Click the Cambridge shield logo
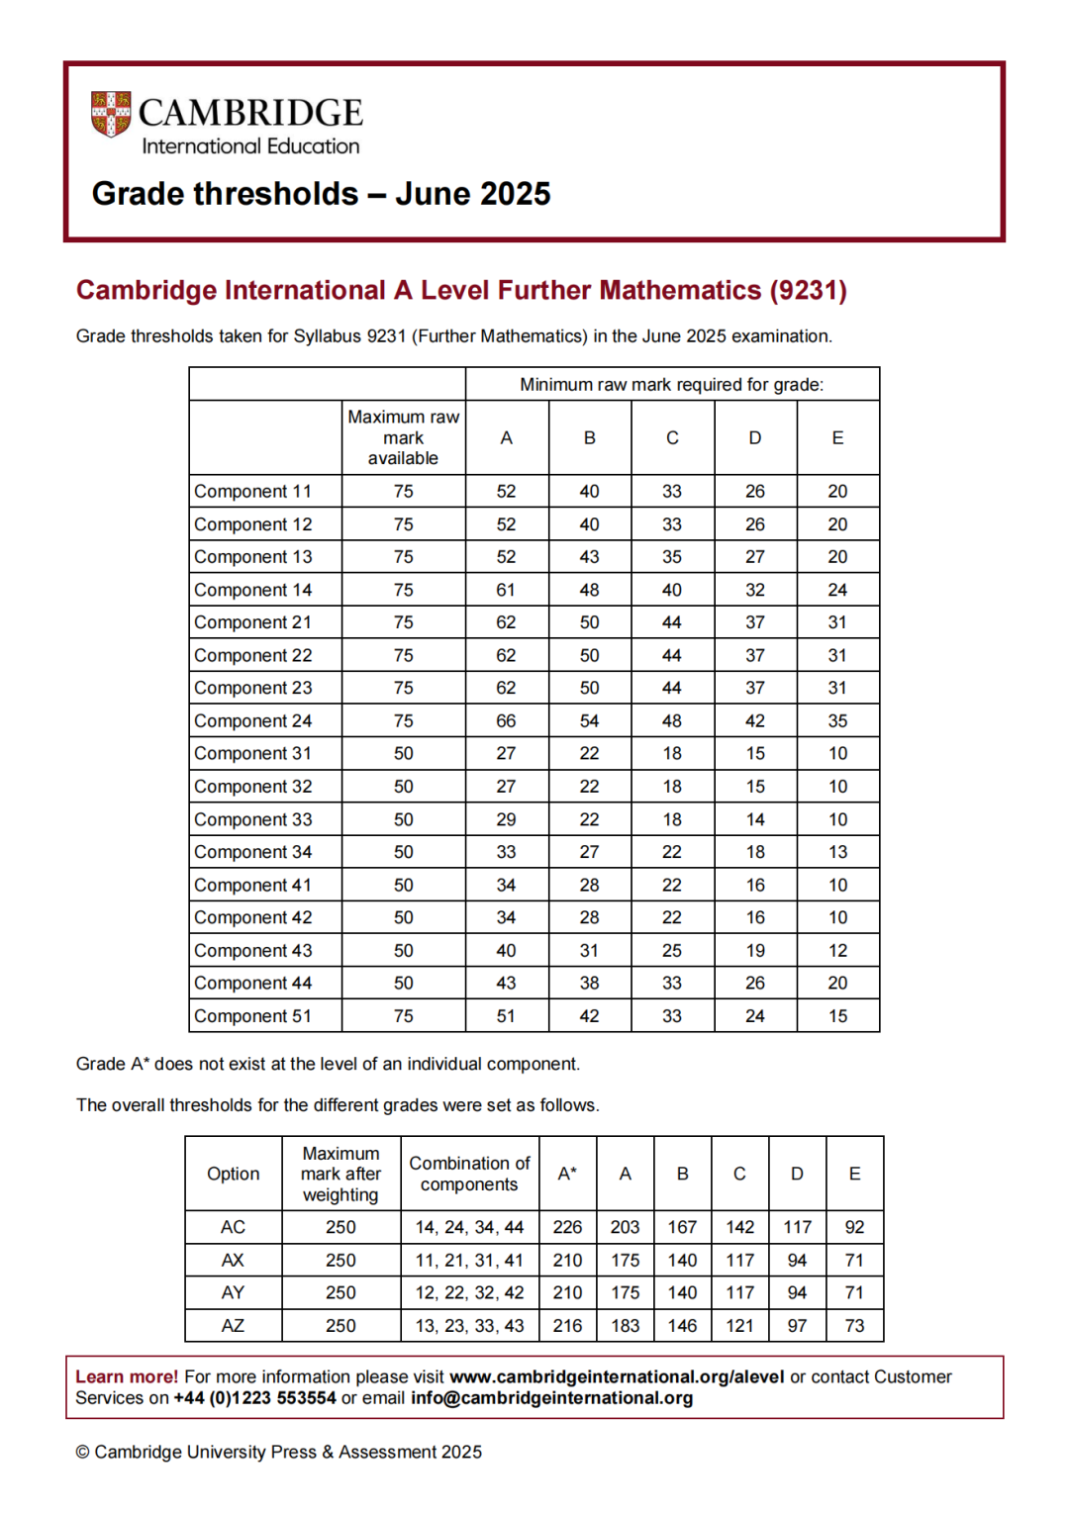[110, 114]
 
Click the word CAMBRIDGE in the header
[250, 113]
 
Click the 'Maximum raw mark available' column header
[403, 437]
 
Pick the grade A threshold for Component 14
[506, 590]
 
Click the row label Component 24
[253, 721]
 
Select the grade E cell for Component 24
[837, 721]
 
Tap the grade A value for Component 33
[506, 819]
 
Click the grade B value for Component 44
[589, 983]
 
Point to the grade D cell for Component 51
[754, 1016]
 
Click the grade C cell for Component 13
[671, 557]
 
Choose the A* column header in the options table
[567, 1174]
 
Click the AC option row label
[233, 1227]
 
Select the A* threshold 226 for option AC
[567, 1227]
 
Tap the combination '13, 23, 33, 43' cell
[469, 1326]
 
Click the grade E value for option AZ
[854, 1326]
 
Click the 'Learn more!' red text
[127, 1376]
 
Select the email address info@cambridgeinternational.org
[551, 1398]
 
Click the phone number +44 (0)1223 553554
[254, 1398]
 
